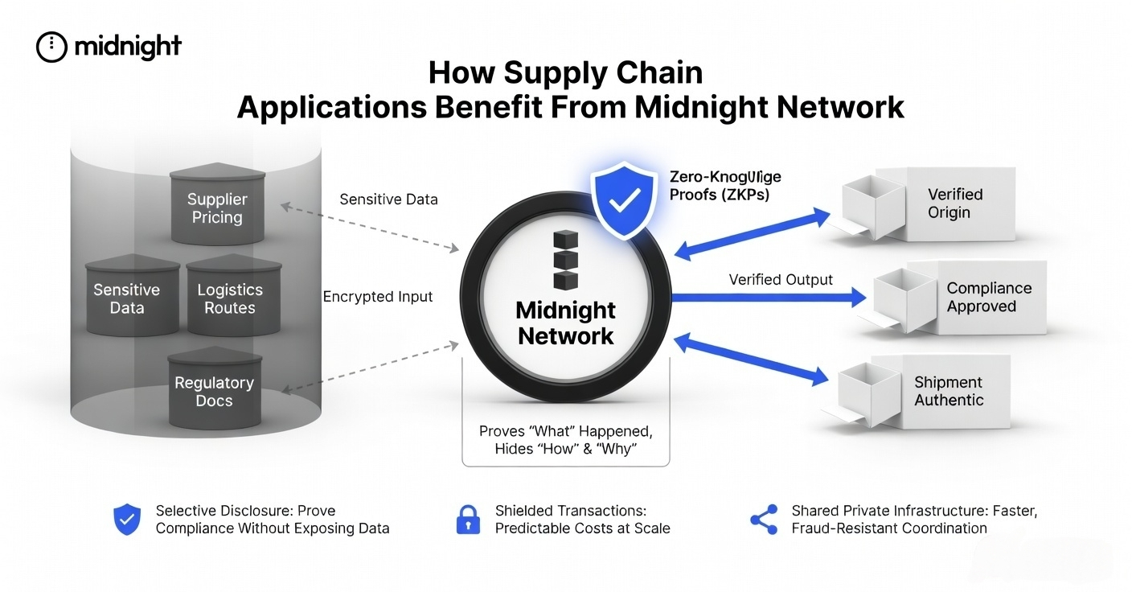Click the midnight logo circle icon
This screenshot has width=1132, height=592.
point(51,47)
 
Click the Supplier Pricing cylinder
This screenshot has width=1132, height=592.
point(216,208)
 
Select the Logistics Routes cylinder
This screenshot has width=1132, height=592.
point(230,298)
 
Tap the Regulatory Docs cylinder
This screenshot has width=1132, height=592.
point(214,391)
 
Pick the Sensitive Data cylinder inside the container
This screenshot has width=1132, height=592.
point(127,298)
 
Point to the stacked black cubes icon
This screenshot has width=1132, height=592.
point(565,260)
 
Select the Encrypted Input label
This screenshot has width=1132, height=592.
point(378,297)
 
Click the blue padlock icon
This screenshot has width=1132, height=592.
point(467,520)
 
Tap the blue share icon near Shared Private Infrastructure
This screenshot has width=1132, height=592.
point(764,520)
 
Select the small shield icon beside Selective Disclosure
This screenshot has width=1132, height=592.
point(127,520)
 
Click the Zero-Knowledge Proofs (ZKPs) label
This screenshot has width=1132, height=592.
point(724,185)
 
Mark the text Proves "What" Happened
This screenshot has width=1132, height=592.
point(565,431)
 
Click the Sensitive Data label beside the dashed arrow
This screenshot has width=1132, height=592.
point(388,199)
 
